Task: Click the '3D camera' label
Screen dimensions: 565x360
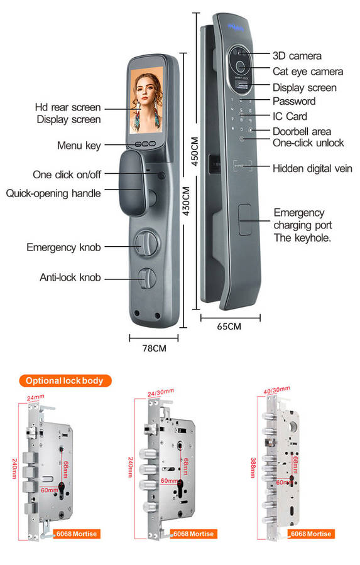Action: [297, 56]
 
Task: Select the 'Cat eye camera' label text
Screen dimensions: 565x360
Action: [308, 72]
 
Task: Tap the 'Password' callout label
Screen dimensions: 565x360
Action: [293, 101]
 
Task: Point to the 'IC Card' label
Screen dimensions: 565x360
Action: [290, 116]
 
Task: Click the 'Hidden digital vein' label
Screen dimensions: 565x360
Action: [312, 168]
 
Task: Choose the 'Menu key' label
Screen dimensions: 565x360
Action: [79, 146]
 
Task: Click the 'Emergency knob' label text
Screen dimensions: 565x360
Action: [63, 247]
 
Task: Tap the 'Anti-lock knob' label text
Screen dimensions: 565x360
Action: [70, 277]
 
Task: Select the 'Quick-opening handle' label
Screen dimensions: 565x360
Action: [53, 193]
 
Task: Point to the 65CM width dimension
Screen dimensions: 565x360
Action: [229, 326]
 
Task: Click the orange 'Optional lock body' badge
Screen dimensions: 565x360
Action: [65, 380]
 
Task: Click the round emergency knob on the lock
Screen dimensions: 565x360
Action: [145, 243]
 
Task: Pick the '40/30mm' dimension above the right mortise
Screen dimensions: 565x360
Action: [276, 390]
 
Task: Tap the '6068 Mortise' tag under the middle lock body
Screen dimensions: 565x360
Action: [193, 534]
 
